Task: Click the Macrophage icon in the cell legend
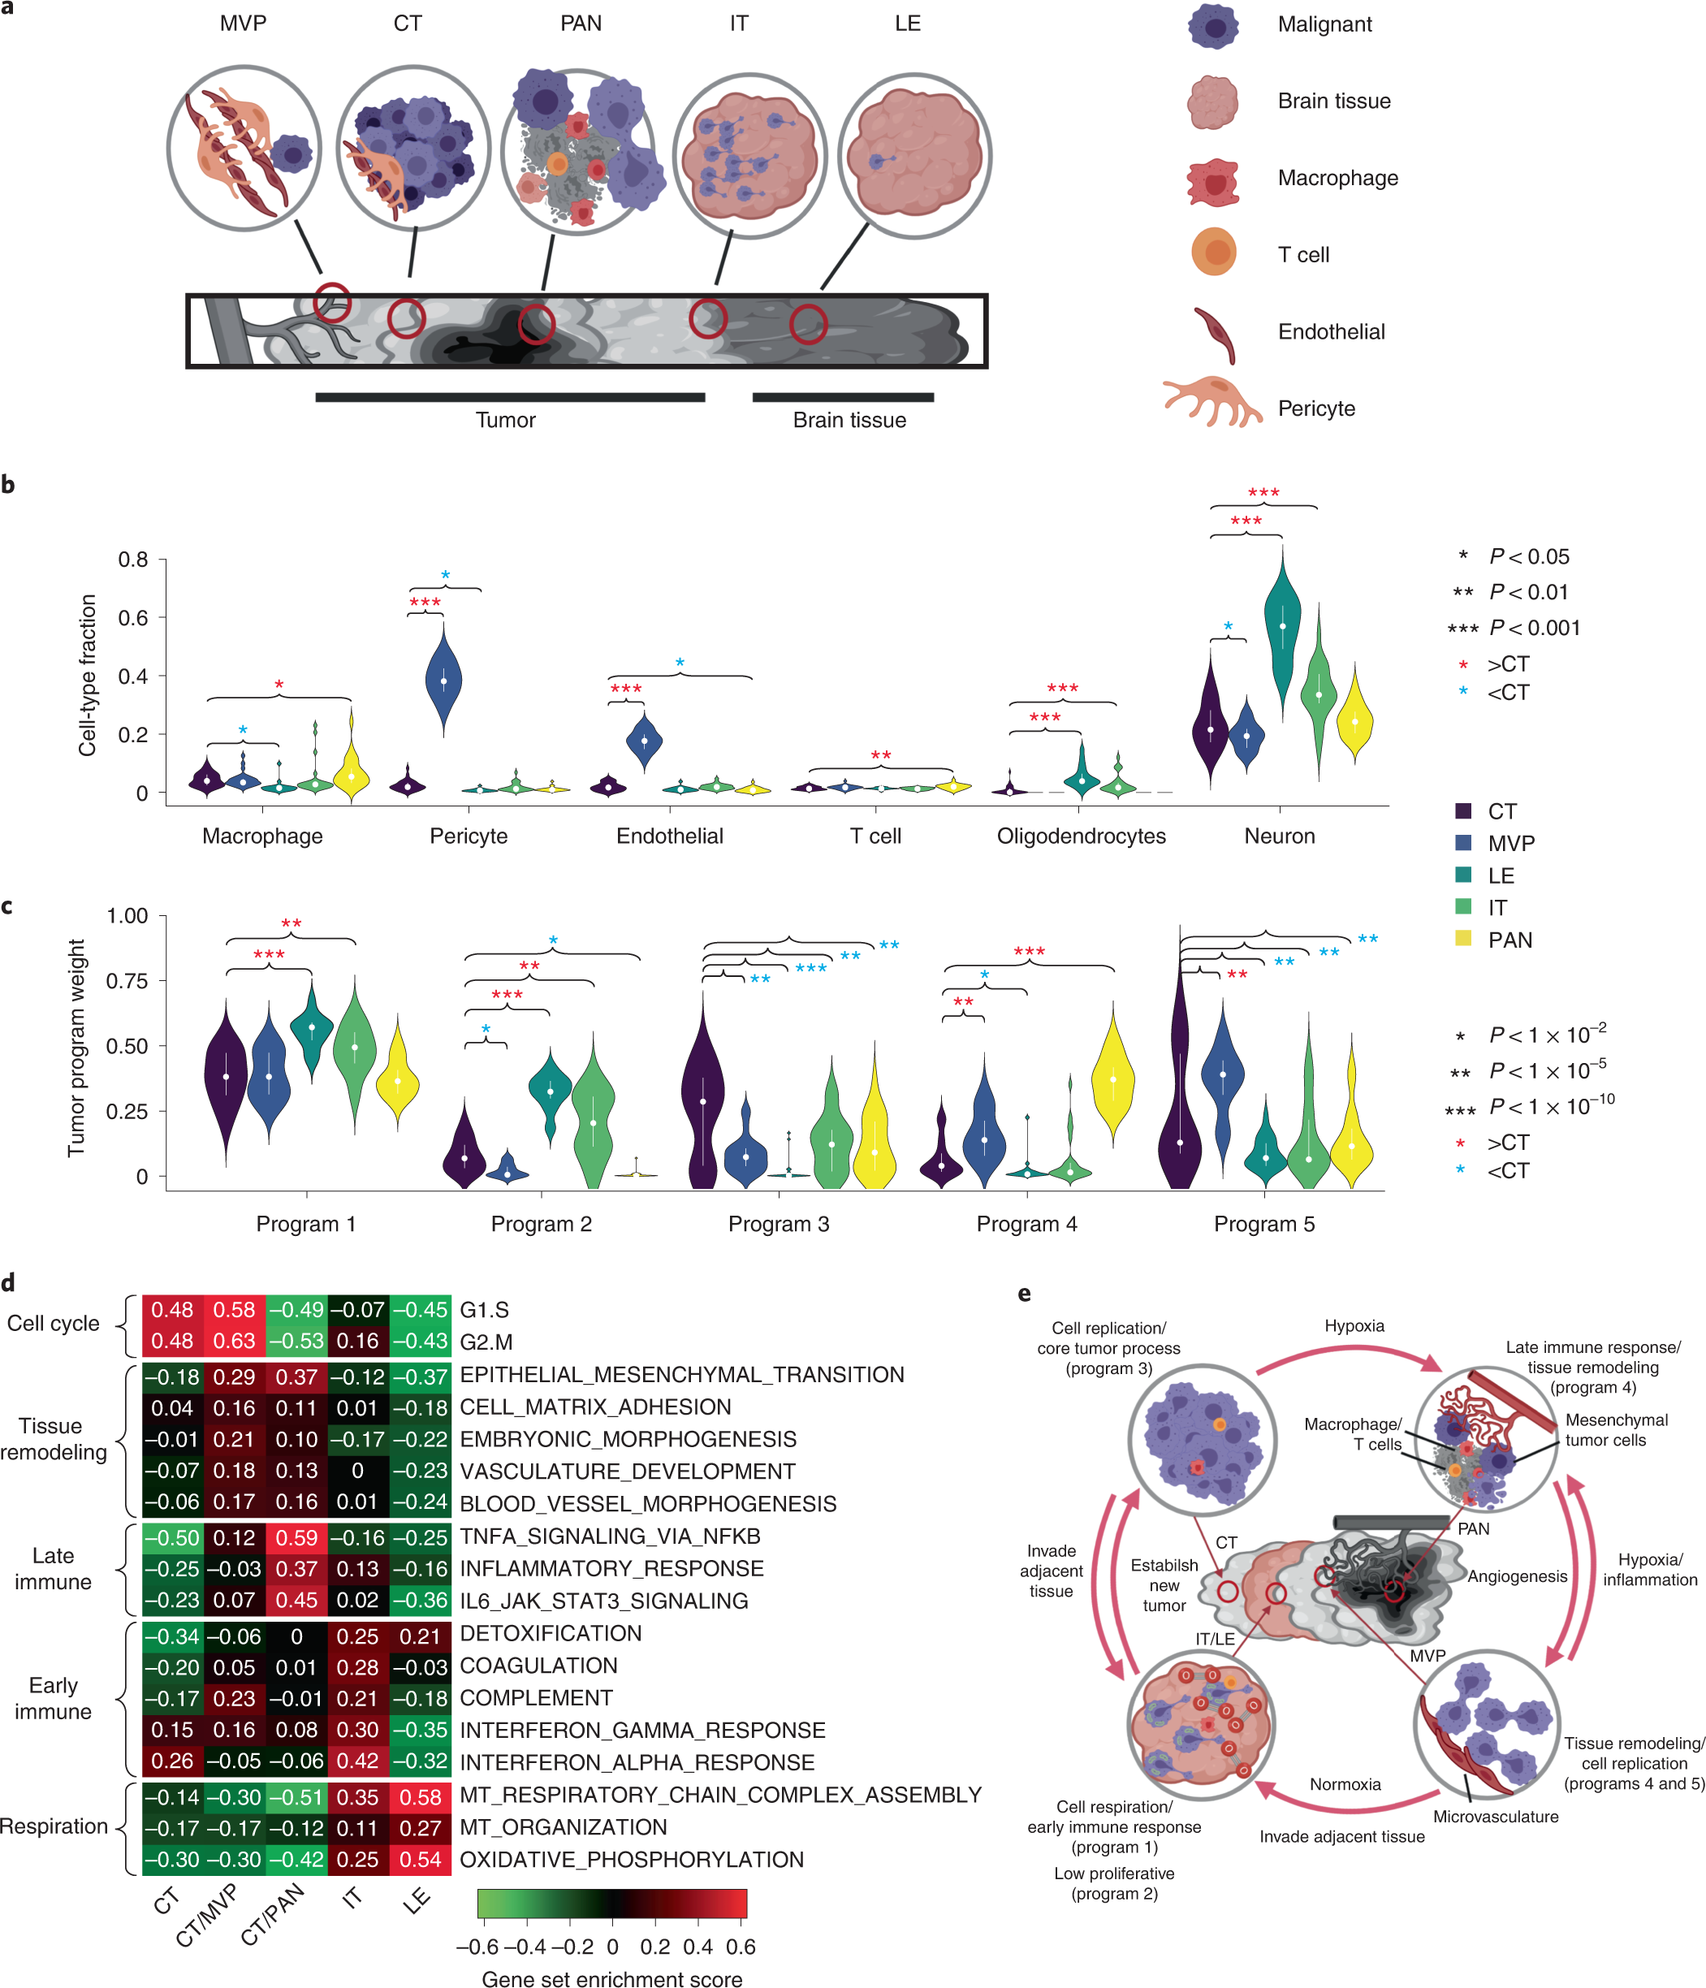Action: coord(1213,181)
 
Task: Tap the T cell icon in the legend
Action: coord(1213,253)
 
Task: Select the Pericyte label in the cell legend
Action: coord(1315,408)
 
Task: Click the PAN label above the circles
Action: coord(581,23)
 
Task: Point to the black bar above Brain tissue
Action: coord(843,397)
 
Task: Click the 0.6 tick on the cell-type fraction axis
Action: coord(133,618)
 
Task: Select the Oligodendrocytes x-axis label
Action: coord(1081,836)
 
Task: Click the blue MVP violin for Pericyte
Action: coord(443,679)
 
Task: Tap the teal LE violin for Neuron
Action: coord(1282,629)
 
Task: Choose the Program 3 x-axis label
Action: coord(778,1223)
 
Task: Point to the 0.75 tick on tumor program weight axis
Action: coord(127,980)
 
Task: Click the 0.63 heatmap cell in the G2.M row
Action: coord(234,1341)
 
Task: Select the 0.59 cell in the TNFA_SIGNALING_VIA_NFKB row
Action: coord(296,1537)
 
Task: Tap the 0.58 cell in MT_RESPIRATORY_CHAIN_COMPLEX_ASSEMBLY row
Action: coord(421,1797)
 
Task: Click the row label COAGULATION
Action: coord(538,1666)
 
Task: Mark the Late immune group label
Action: coord(53,1569)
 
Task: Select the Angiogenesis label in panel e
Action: coord(1516,1576)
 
